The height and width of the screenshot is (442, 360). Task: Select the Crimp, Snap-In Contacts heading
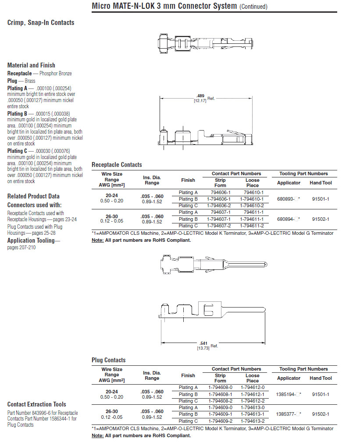[41, 22]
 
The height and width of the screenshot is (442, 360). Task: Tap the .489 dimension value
[200, 96]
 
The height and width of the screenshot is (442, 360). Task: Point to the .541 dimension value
[203, 343]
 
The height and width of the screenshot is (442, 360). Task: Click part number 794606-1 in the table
[220, 192]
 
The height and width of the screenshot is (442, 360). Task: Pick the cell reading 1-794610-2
[252, 205]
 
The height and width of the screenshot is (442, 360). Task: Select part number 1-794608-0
[220, 387]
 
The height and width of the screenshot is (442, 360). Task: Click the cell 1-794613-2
[252, 421]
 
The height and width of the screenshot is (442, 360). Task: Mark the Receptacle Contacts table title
[117, 165]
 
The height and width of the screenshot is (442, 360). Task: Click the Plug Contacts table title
[108, 360]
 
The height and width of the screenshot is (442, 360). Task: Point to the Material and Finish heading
[31, 65]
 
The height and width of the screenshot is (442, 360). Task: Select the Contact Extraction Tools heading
[37, 404]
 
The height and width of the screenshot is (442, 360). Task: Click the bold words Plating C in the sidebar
[18, 151]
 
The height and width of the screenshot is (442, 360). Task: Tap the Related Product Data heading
[33, 196]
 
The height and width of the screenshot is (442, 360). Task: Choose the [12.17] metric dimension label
[200, 101]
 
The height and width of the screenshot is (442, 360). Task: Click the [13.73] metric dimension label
[203, 348]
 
